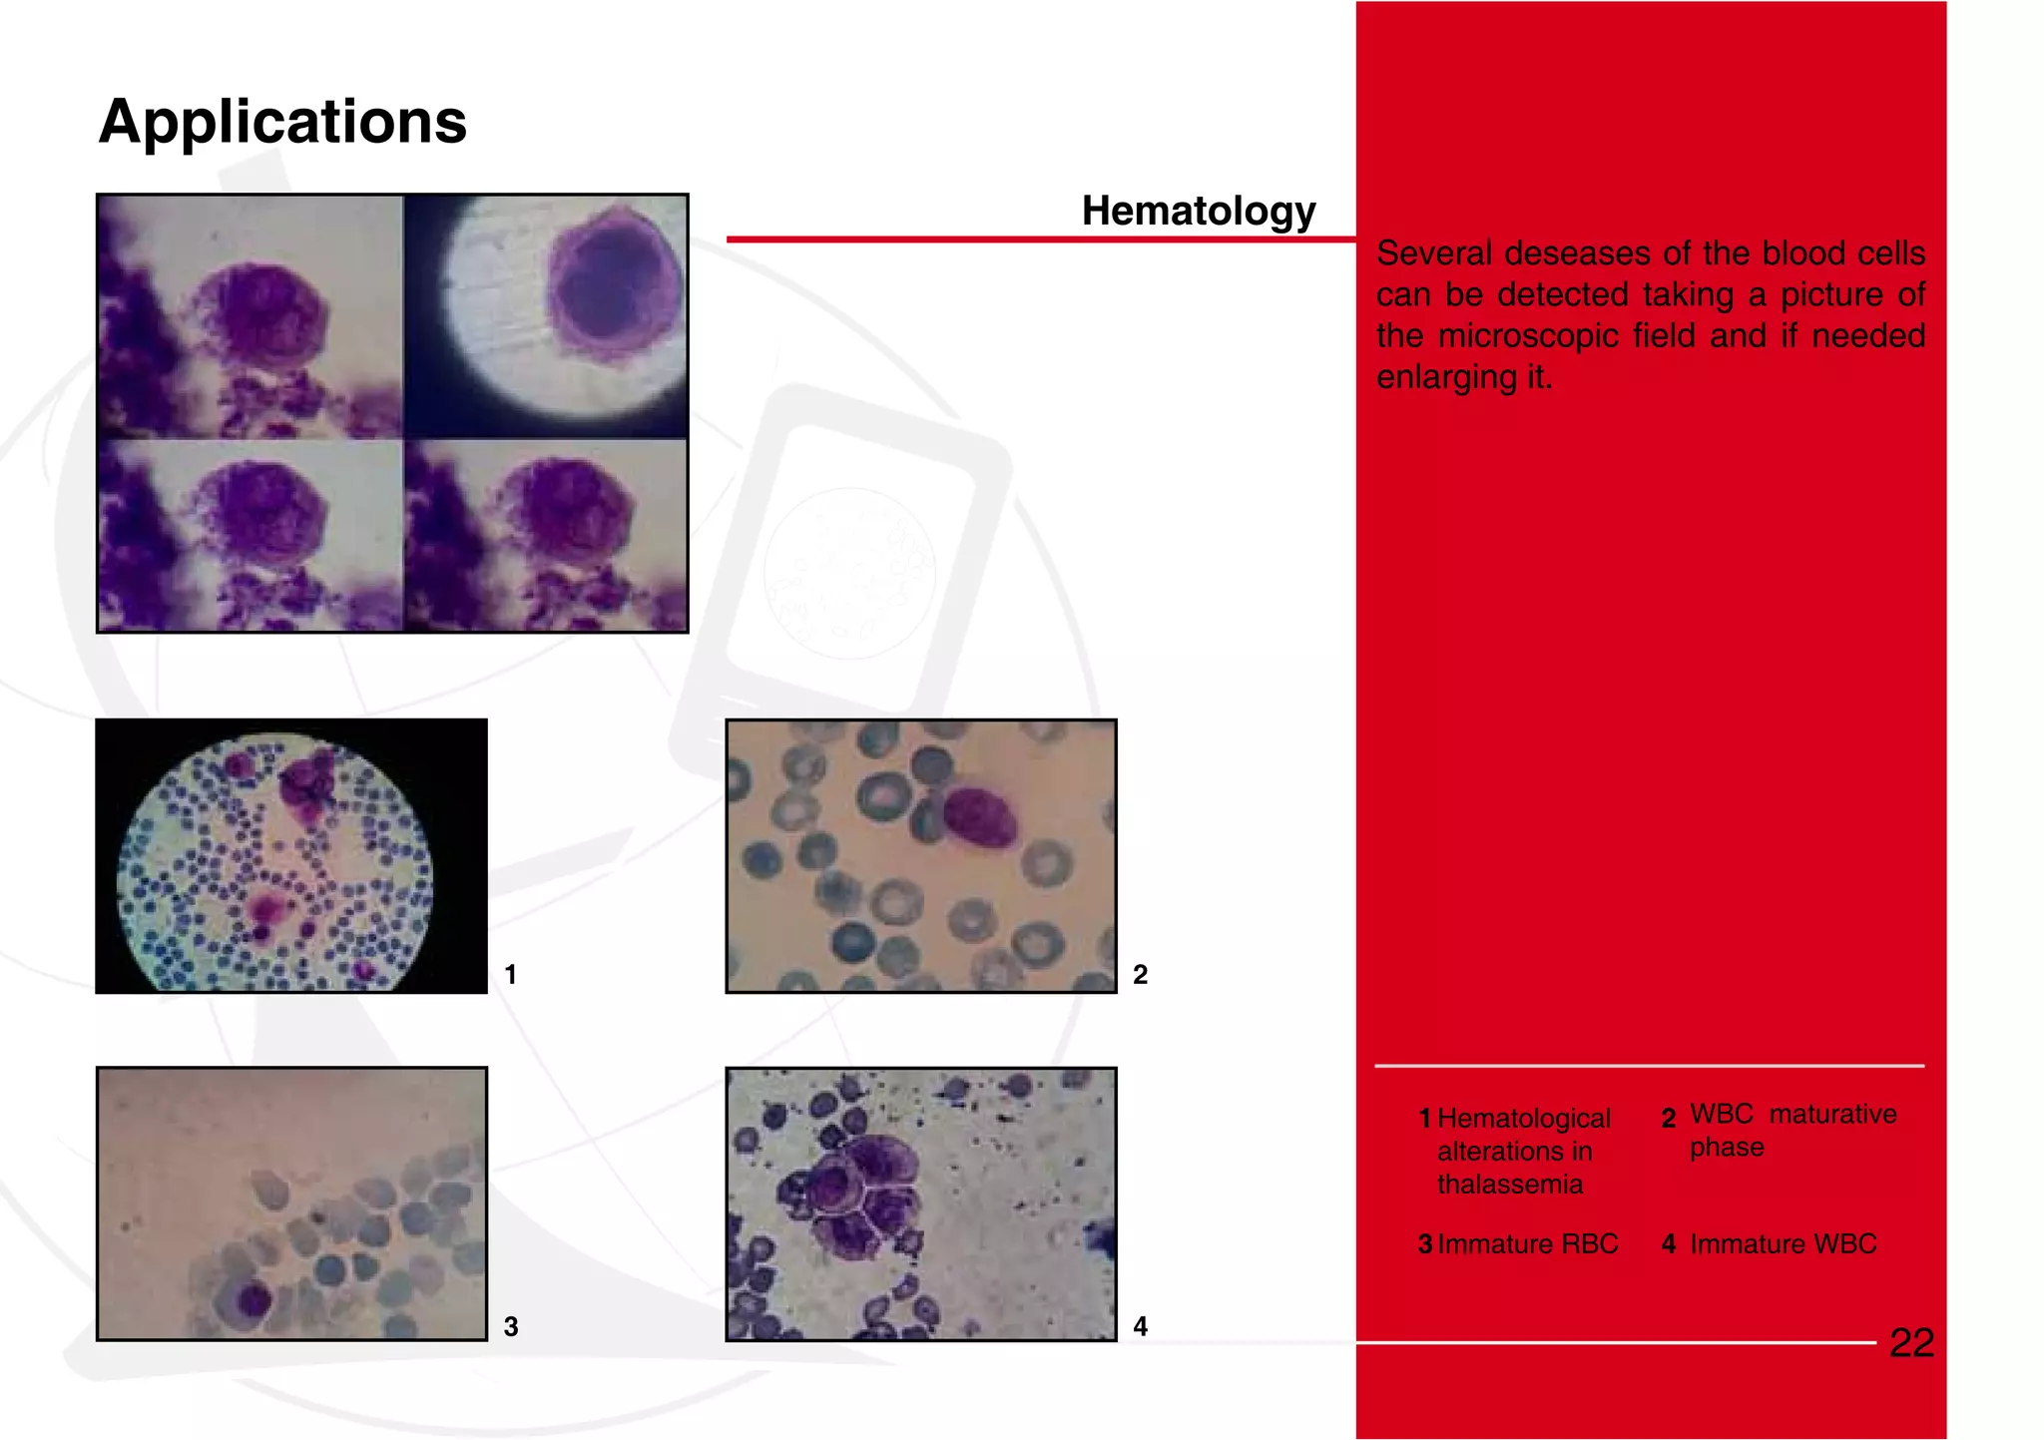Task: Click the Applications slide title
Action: (282, 122)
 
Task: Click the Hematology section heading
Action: (1198, 211)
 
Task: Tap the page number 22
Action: (1911, 1342)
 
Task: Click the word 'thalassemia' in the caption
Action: (1509, 1185)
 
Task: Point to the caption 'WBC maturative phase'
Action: (1791, 1130)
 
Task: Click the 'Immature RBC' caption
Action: (1527, 1244)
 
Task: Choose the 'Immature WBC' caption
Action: (1783, 1244)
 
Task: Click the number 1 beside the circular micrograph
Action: (510, 974)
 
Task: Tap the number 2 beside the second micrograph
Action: (1140, 974)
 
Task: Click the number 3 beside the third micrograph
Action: (510, 1326)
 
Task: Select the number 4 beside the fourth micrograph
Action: (1140, 1326)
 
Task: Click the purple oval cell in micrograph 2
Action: (979, 817)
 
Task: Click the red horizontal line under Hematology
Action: (1038, 240)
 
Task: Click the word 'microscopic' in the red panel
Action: (1527, 336)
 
